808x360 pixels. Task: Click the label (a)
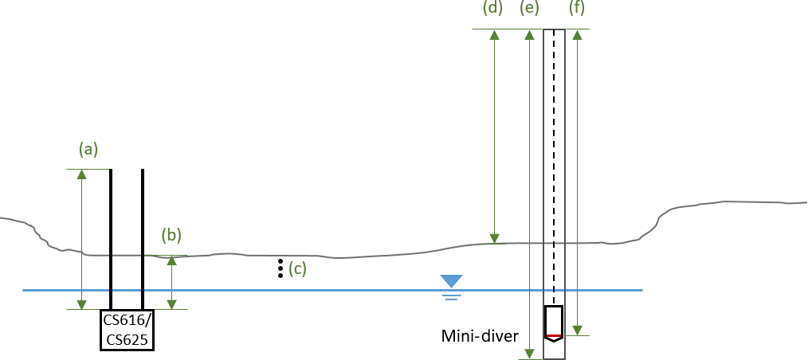click(x=88, y=149)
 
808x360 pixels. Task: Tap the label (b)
click(x=171, y=235)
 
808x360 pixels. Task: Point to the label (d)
click(x=493, y=10)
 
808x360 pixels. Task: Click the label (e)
click(x=528, y=10)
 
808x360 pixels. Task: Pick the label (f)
click(x=576, y=10)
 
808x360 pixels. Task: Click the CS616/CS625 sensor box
click(x=127, y=330)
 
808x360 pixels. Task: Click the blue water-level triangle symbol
click(x=452, y=281)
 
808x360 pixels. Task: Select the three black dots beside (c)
click(x=280, y=268)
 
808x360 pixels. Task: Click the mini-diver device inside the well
click(x=554, y=323)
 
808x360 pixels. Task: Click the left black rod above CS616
click(x=111, y=238)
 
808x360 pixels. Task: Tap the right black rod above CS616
click(x=143, y=238)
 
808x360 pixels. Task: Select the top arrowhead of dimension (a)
click(x=81, y=174)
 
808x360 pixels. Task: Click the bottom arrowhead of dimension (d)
click(x=494, y=237)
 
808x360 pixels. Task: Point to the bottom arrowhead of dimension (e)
click(x=528, y=353)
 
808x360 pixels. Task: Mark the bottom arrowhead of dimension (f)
click(x=578, y=330)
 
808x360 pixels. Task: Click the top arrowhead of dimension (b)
click(x=171, y=261)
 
